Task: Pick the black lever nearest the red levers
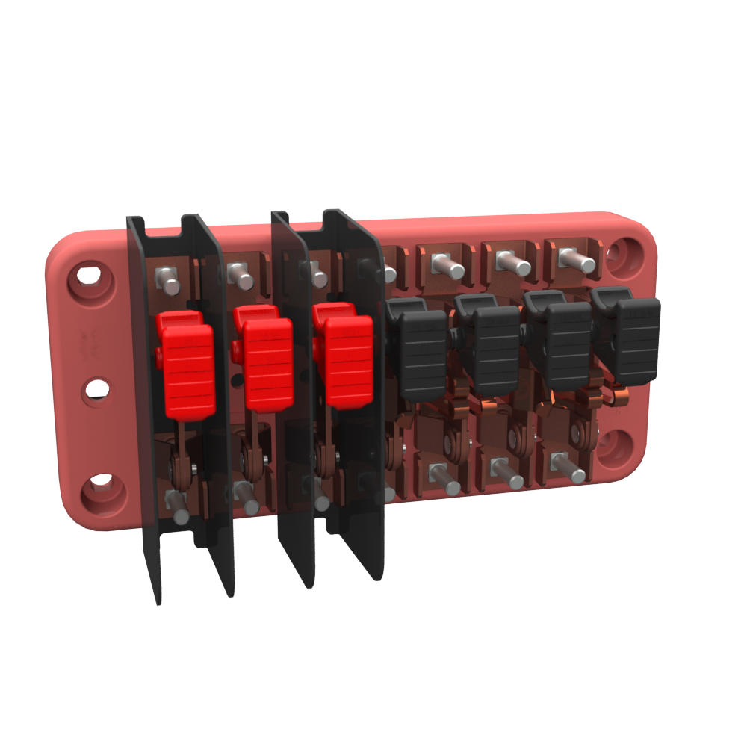[x=423, y=356]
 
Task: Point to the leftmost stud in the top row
[x=169, y=283]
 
